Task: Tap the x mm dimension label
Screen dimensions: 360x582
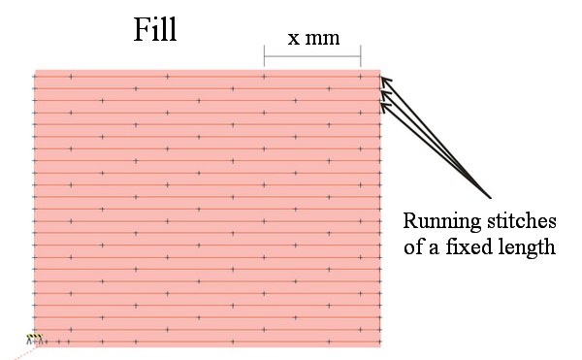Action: point(311,40)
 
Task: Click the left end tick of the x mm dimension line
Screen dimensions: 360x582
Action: point(265,54)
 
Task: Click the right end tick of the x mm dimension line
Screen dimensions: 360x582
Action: point(360,54)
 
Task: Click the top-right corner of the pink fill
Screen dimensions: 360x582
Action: point(379,71)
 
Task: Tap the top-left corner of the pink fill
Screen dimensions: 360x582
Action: point(35,71)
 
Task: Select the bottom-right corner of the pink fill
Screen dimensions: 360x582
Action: point(379,346)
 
